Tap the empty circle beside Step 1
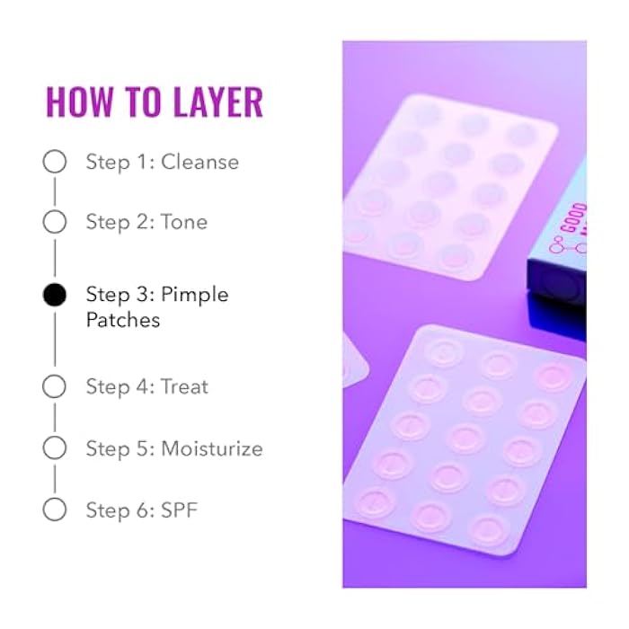tap(55, 162)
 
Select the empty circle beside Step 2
tap(55, 221)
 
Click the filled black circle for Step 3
tap(55, 295)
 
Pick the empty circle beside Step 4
tap(55, 387)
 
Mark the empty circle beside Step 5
tap(55, 447)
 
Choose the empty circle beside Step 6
tap(55, 509)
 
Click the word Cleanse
tap(199, 163)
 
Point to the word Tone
tap(184, 222)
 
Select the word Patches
tap(123, 320)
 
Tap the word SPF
tap(179, 510)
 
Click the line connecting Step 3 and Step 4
tap(55, 341)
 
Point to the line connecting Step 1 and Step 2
tap(55, 191)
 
